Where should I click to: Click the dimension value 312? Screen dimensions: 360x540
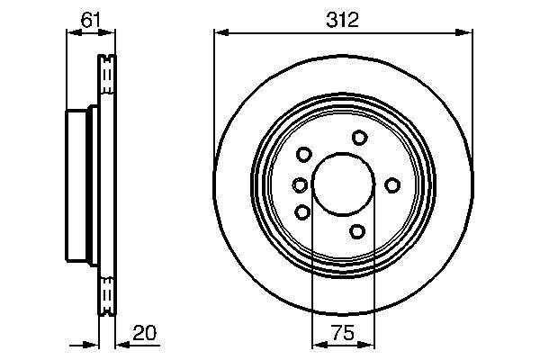tap(343, 19)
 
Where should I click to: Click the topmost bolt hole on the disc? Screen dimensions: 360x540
tap(360, 137)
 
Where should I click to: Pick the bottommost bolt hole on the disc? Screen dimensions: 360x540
tap(357, 232)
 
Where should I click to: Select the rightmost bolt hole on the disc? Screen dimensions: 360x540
tap(391, 184)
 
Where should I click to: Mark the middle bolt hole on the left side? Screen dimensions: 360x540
tap(300, 185)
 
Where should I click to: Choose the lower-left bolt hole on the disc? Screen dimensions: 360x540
tap(302, 212)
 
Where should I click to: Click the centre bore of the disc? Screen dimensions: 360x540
tap(343, 184)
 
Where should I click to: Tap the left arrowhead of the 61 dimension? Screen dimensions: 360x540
tap(72, 33)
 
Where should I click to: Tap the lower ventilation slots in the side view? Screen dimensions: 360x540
tap(107, 293)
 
